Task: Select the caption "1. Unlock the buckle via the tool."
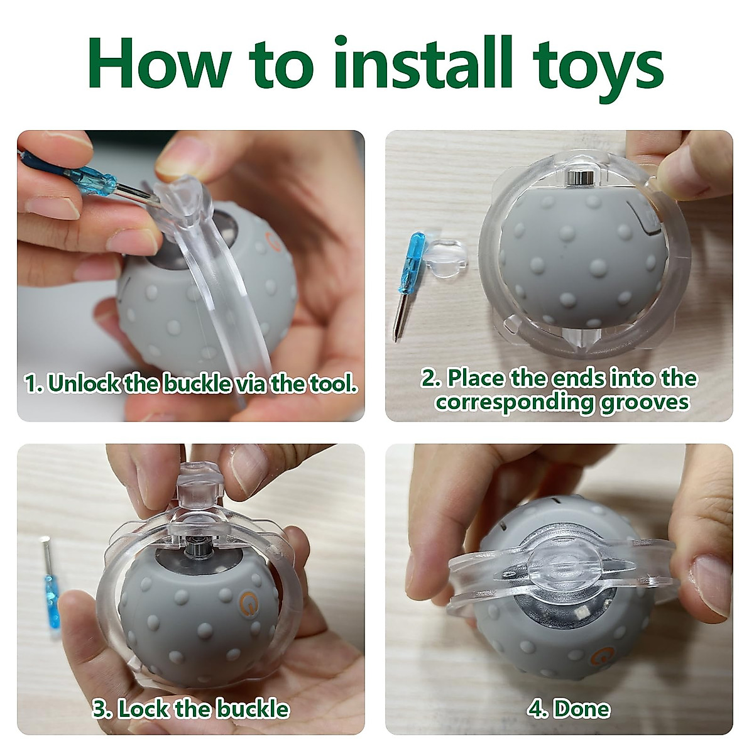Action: click(191, 383)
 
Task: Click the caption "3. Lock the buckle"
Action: click(191, 709)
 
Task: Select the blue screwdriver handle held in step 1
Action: click(94, 179)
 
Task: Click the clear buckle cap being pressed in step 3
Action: click(197, 484)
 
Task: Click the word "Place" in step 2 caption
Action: click(476, 378)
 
